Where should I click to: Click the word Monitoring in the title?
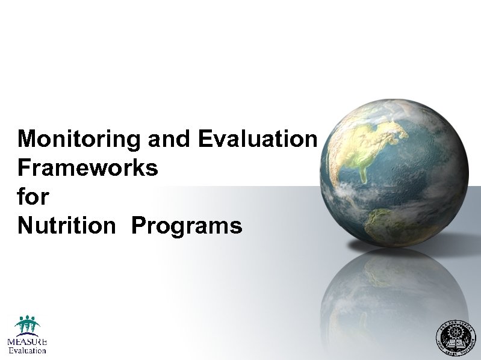click(x=79, y=140)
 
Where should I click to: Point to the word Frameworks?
click(x=88, y=168)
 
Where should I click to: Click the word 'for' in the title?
click(x=33, y=197)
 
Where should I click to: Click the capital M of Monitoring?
click(x=28, y=140)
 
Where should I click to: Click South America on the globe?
click(x=391, y=223)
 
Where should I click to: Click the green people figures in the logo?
click(x=27, y=324)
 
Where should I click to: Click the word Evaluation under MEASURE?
click(x=27, y=350)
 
